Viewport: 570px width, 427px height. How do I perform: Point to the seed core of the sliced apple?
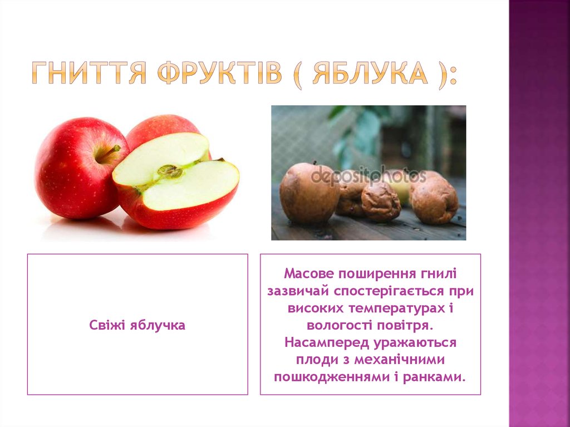click(170, 171)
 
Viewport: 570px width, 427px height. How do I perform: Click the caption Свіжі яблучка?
click(137, 325)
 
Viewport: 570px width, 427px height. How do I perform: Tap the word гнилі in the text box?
click(439, 273)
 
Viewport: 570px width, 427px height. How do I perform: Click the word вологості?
click(337, 325)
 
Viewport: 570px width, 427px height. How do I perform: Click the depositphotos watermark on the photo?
click(368, 176)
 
